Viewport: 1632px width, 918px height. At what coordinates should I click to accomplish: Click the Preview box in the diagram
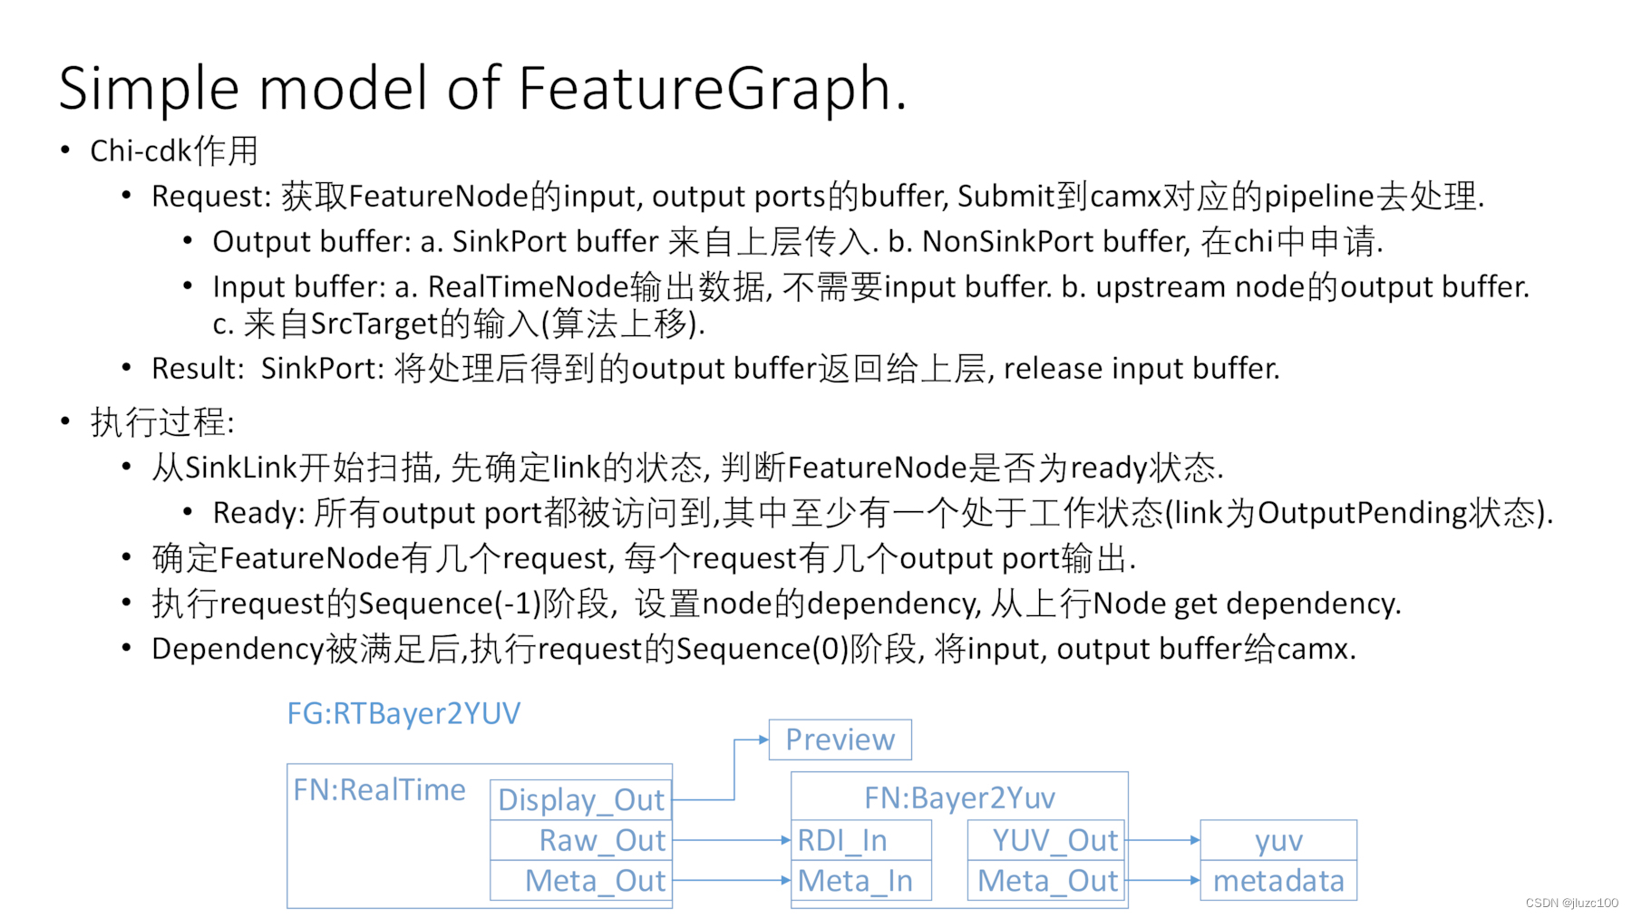coord(840,739)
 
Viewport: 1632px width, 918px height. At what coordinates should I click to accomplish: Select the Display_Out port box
coord(581,800)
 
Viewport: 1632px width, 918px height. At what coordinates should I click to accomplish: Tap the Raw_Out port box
coord(581,840)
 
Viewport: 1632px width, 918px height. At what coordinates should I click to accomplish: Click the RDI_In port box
coord(860,840)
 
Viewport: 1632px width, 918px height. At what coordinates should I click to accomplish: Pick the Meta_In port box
coord(860,880)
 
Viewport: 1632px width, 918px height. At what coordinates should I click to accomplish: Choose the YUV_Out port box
coord(1046,840)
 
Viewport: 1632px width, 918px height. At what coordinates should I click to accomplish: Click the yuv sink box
coord(1278,840)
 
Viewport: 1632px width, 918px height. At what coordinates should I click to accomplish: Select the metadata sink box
coord(1278,880)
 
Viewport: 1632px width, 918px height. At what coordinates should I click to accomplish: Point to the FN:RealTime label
coord(379,790)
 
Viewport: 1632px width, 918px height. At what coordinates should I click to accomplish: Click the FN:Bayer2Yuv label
coord(959,797)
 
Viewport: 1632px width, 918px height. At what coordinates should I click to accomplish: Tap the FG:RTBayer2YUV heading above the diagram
coord(403,713)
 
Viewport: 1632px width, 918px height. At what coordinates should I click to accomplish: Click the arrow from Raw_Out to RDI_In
coord(731,840)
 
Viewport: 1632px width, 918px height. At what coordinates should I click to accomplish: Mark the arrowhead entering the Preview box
coord(763,739)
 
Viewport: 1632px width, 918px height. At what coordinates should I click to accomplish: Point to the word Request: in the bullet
coord(211,197)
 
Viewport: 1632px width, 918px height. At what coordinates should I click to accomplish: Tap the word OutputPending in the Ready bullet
coord(1362,513)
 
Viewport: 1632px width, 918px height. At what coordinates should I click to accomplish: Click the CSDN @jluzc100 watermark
coord(1571,903)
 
